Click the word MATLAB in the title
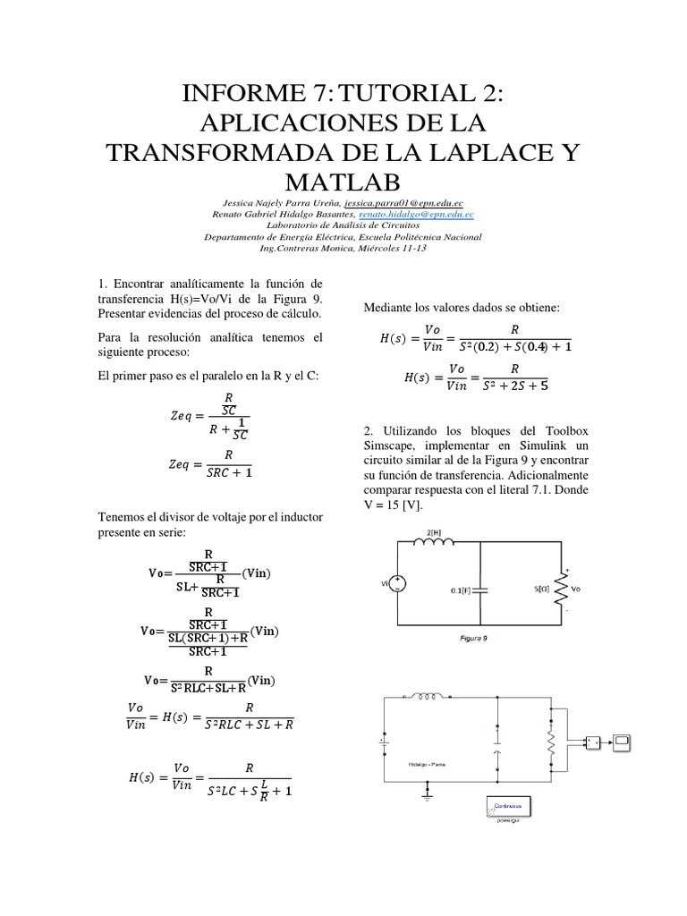343,182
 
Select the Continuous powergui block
509,806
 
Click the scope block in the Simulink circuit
623,742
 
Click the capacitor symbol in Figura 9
481,590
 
